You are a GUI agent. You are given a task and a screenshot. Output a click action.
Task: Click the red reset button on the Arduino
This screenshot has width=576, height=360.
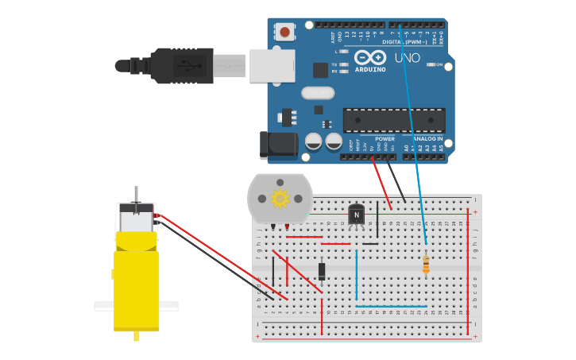284,32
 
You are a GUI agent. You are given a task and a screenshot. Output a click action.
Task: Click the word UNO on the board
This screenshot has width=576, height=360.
407,58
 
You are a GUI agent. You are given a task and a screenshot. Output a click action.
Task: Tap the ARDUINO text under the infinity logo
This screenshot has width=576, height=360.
371,69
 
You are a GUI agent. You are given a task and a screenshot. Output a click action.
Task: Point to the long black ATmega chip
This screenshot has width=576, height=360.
393,120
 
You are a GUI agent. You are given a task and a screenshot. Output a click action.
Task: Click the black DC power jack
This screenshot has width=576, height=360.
278,145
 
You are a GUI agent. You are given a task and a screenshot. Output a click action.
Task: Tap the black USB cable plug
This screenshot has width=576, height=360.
183,65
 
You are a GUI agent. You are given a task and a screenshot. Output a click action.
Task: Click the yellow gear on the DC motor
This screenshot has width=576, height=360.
280,199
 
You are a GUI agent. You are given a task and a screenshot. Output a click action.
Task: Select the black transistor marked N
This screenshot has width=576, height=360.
357,214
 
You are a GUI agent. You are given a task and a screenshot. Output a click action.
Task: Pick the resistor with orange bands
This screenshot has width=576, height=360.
426,265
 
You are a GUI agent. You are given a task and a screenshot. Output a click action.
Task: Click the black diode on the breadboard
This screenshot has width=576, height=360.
322,271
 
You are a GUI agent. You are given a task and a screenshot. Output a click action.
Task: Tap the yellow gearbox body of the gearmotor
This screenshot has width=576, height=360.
137,286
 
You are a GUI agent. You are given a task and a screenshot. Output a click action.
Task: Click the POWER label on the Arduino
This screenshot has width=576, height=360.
385,138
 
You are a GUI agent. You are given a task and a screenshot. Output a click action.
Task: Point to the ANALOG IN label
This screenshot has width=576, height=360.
428,138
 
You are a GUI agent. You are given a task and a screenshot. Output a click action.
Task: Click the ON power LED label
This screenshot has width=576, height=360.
439,64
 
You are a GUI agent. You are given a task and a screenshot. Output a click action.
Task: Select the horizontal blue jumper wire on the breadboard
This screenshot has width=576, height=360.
391,306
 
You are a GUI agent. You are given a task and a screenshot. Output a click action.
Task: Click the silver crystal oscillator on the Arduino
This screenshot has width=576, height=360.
317,92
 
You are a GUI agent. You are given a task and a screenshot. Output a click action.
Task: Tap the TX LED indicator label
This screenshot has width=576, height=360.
334,64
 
